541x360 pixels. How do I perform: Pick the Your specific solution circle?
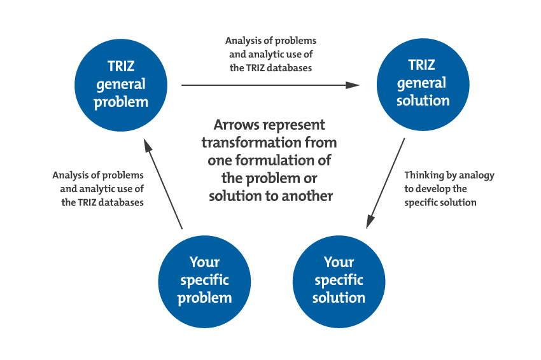[339, 280]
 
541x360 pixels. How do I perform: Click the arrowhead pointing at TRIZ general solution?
[353, 85]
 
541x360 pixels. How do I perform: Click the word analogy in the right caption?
[475, 175]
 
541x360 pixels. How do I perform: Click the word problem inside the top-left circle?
[121, 102]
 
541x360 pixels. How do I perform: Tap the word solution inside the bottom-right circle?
[339, 298]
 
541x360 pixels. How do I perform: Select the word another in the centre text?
[309, 196]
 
